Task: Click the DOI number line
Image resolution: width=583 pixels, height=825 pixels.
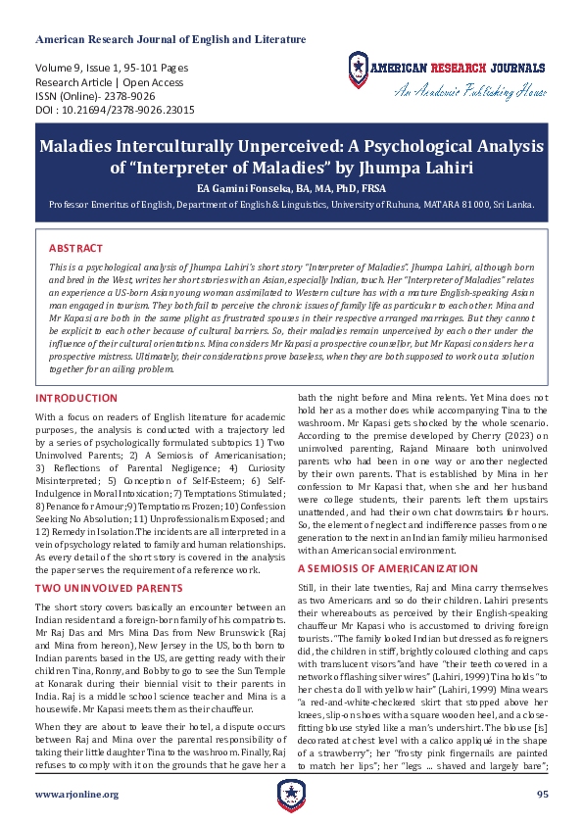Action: coord(115,111)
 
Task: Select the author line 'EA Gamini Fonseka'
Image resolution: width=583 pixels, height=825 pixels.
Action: coord(290,187)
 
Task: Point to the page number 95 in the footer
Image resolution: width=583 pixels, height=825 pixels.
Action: coord(542,794)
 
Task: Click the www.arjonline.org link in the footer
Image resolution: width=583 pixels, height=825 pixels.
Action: coord(76,794)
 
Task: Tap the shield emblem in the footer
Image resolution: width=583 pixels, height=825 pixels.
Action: coord(291,794)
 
